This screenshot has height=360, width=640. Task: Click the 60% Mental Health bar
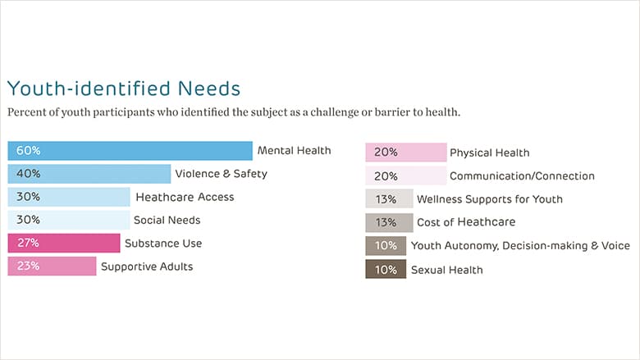(130, 151)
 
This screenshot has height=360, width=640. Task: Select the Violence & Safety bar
(89, 174)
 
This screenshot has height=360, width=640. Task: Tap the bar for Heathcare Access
(69, 197)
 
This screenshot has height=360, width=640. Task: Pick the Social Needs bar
(69, 220)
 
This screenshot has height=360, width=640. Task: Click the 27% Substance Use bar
(64, 243)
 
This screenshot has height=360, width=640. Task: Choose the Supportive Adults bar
(52, 267)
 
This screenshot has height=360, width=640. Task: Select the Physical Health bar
(405, 153)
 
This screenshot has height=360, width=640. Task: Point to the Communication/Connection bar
(405, 175)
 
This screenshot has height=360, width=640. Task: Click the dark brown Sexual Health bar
(386, 269)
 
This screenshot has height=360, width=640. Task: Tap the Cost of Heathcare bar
(389, 222)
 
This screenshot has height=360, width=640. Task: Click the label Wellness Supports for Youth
(490, 199)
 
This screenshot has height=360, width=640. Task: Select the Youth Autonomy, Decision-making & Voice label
(520, 246)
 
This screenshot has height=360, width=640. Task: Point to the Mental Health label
(295, 150)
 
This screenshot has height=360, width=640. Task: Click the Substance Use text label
(163, 244)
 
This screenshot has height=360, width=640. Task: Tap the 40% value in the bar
(28, 174)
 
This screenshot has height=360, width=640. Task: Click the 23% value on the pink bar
(28, 266)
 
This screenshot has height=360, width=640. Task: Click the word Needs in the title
(209, 89)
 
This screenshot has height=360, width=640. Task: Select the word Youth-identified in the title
(89, 89)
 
